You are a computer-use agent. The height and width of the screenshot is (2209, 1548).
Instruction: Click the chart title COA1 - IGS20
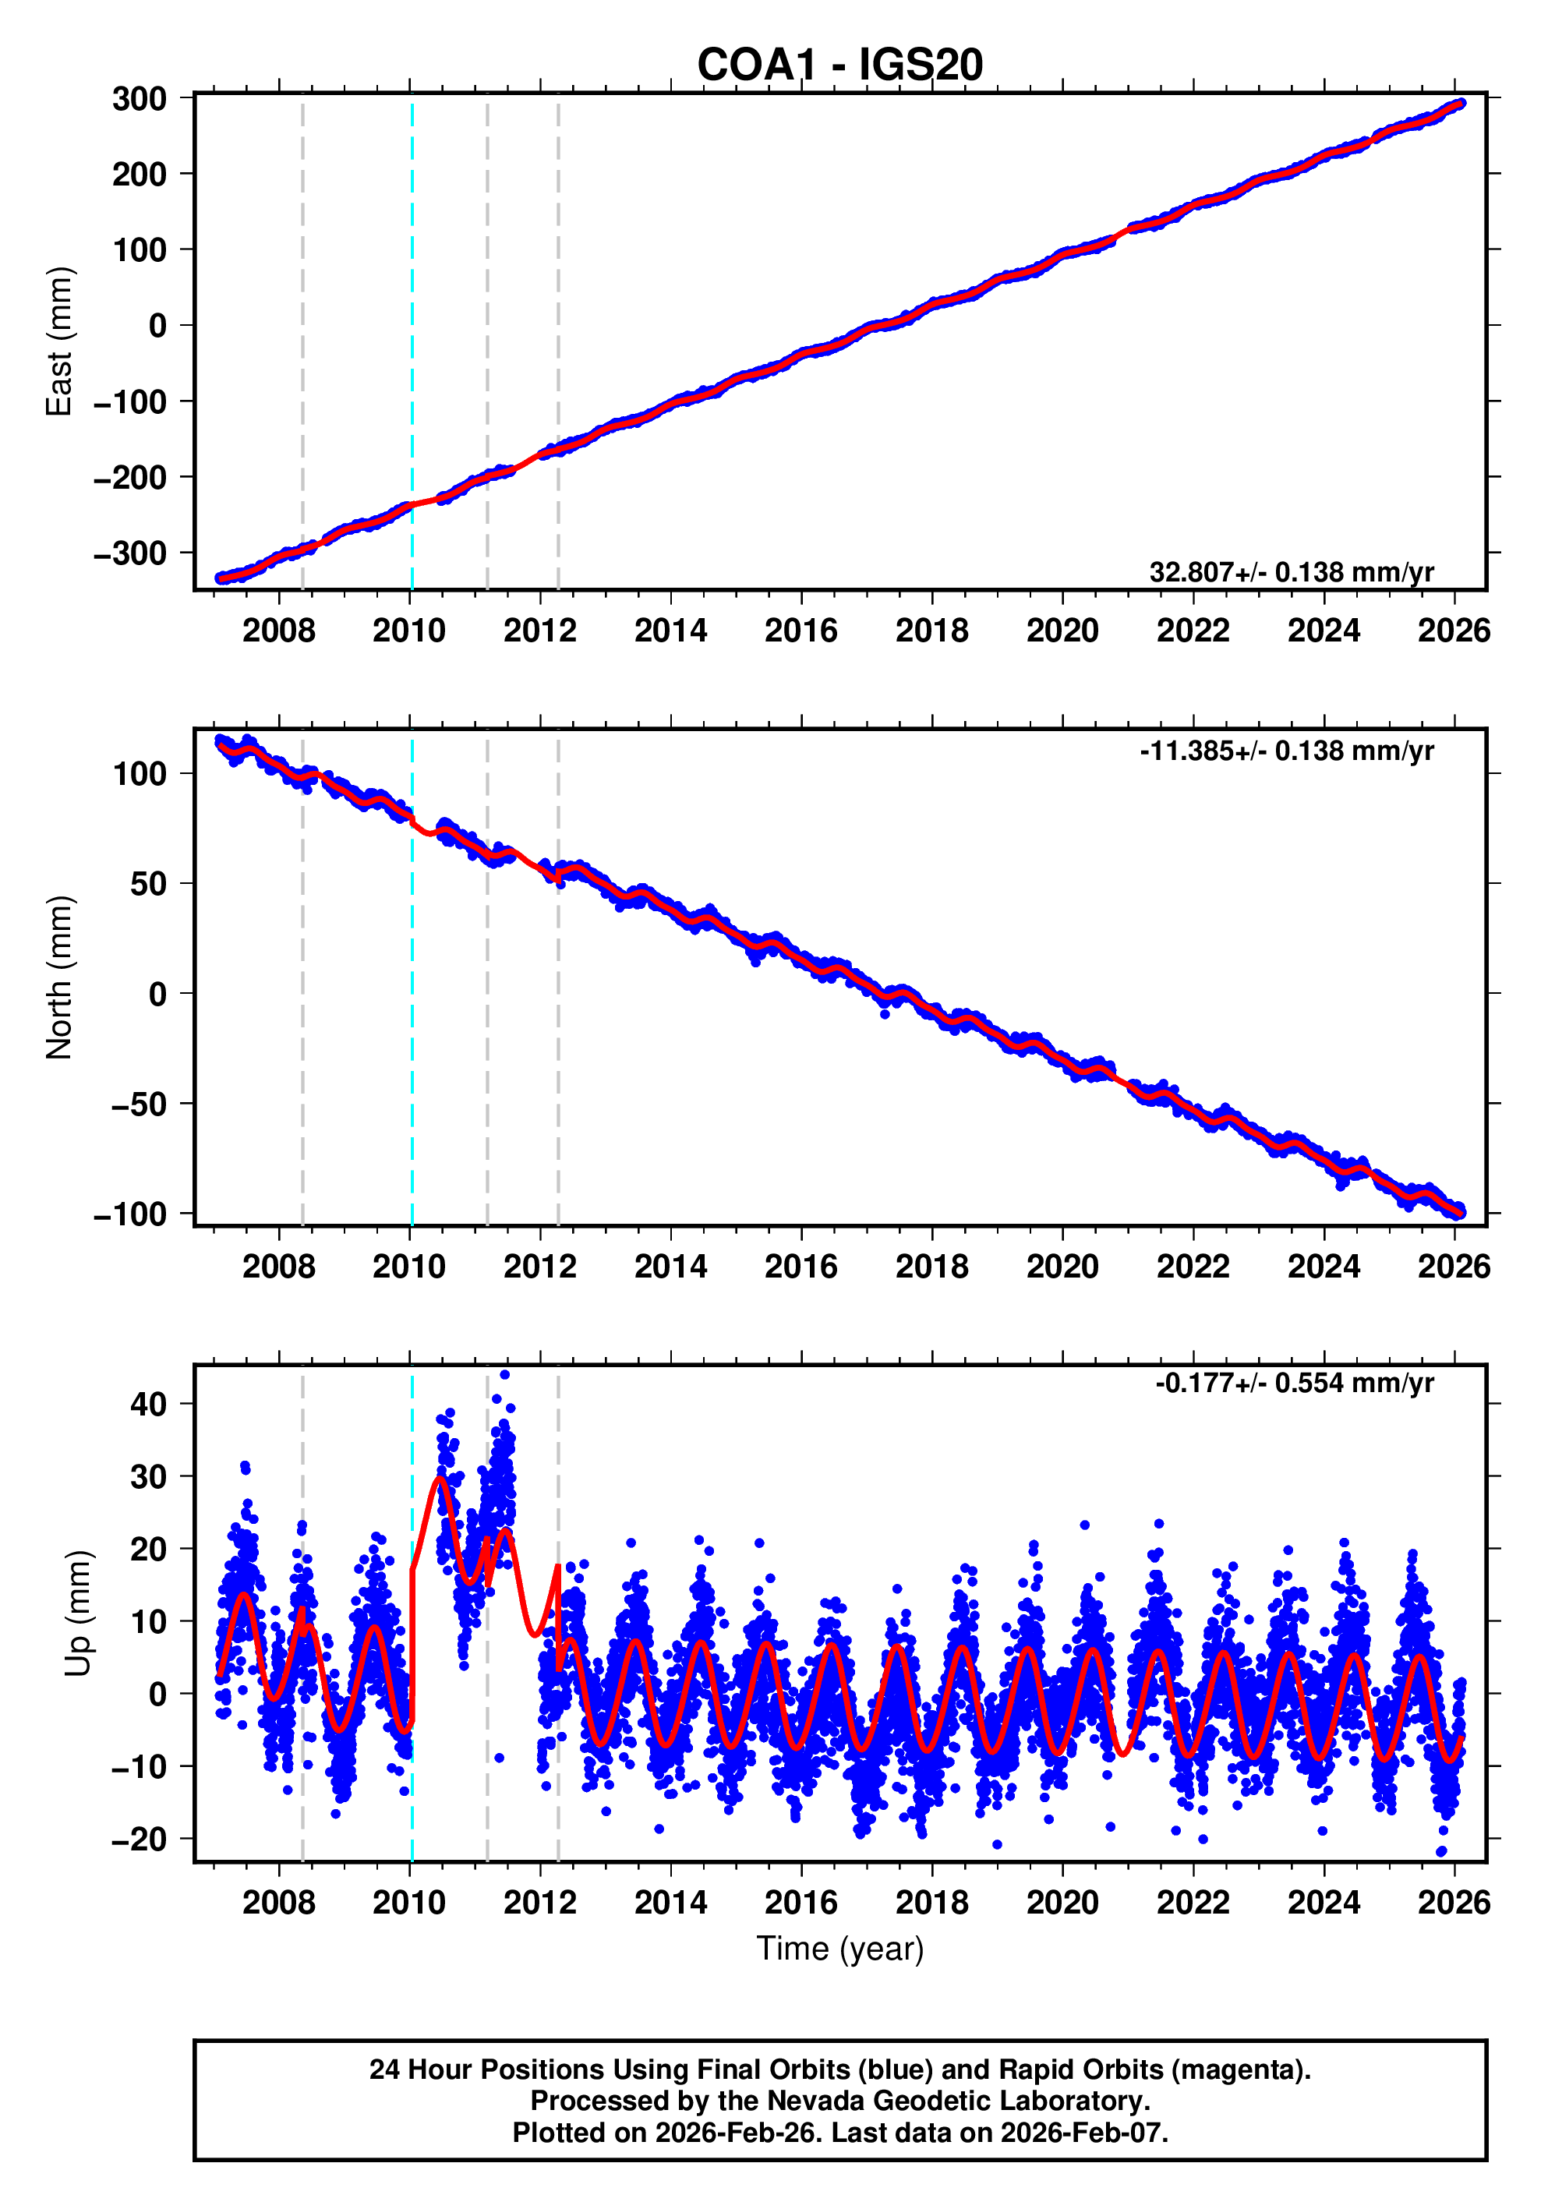[x=839, y=65]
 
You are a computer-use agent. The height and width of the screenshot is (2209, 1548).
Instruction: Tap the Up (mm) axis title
[x=79, y=1613]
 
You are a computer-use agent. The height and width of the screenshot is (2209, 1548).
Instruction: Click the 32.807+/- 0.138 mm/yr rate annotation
[x=1290, y=572]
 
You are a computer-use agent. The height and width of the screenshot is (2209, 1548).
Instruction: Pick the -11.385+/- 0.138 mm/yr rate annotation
[x=1286, y=751]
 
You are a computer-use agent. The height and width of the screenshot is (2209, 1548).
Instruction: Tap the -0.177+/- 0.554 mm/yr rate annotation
[x=1294, y=1384]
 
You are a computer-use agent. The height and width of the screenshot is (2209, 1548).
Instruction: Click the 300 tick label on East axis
[x=140, y=99]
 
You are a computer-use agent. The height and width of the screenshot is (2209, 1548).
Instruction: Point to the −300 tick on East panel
[x=130, y=554]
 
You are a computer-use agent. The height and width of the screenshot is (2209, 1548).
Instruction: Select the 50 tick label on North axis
[x=148, y=884]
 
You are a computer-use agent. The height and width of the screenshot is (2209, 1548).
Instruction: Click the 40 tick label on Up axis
[x=148, y=1405]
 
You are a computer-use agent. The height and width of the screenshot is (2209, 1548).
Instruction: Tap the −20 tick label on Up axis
[x=139, y=1840]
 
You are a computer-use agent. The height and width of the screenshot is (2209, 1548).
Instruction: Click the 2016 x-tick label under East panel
[x=801, y=631]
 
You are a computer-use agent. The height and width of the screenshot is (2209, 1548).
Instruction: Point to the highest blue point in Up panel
[x=505, y=1375]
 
